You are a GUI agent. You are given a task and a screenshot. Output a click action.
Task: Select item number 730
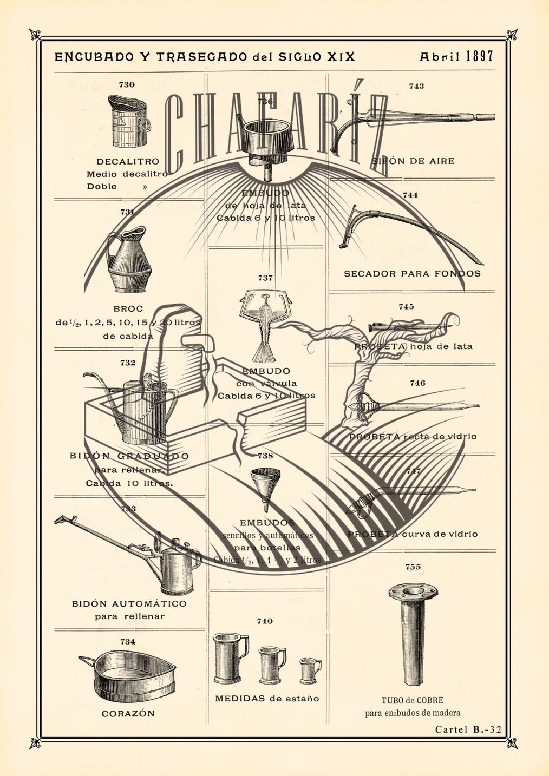pos(127,84)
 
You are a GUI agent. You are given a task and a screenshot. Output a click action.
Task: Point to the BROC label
pos(128,309)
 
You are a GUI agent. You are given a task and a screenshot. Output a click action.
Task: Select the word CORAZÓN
pos(128,714)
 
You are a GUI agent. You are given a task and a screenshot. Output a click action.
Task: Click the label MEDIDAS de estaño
pos(267,699)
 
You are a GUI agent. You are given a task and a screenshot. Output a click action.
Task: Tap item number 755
pos(413,567)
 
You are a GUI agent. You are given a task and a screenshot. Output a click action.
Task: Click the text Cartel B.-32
pos(468,729)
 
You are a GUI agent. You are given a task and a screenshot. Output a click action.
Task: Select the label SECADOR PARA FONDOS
pos(412,274)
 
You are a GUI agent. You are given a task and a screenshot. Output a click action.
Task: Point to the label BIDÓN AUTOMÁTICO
pos(129,604)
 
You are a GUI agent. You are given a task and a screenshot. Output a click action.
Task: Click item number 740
pos(265,621)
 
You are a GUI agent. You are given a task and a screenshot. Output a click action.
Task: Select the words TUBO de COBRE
pos(413,700)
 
